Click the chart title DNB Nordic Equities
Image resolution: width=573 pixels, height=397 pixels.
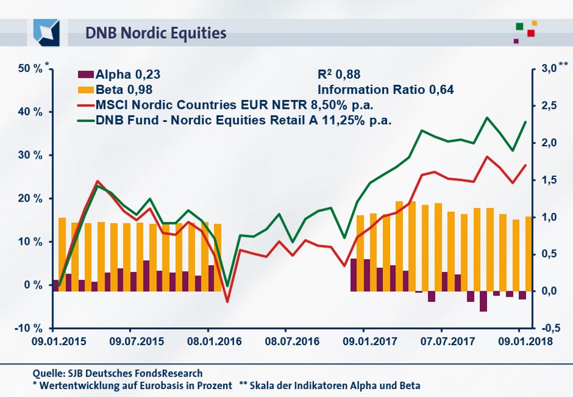pos(155,32)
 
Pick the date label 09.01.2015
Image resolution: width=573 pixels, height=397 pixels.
pos(53,340)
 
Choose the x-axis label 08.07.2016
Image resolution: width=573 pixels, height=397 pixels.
pos(286,340)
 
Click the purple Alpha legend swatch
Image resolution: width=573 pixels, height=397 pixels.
pos(85,75)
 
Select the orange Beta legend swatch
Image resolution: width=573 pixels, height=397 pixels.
pos(85,90)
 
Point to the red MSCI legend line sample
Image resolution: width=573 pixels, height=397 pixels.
pos(85,105)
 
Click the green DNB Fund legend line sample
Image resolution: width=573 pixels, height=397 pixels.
pos(85,120)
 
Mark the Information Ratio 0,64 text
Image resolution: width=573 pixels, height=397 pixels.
pos(385,90)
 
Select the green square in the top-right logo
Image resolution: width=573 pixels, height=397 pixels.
pos(519,26)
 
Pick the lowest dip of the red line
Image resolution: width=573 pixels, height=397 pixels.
pos(227,301)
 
